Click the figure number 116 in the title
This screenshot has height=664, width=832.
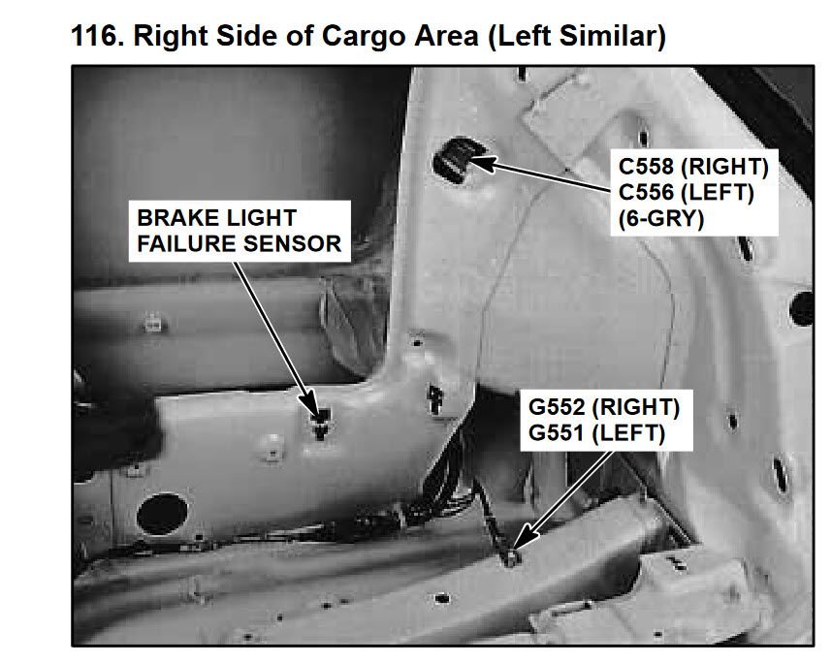[x=95, y=36]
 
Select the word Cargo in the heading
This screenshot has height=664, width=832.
[x=365, y=37]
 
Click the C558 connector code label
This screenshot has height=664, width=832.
[x=646, y=167]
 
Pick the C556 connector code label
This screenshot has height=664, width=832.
[x=646, y=192]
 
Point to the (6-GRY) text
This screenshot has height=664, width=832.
[x=661, y=218]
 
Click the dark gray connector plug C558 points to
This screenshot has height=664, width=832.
[x=454, y=160]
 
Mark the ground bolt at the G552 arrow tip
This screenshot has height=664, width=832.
[x=510, y=556]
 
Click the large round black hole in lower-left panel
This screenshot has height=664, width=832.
[x=162, y=514]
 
